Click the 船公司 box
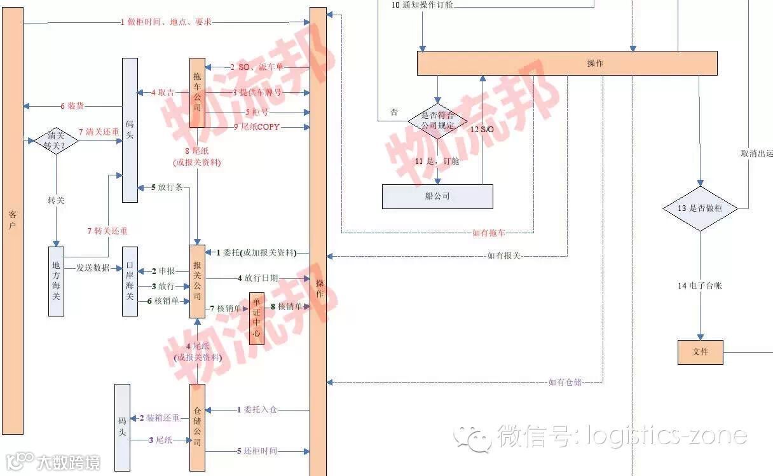(437, 196)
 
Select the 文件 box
(700, 351)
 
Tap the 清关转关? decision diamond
(56, 140)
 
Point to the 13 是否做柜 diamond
(700, 208)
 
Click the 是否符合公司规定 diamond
(437, 121)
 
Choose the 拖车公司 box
(197, 93)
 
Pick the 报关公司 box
(197, 282)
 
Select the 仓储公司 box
(197, 426)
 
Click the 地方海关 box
(57, 282)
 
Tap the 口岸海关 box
(130, 282)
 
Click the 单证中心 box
(256, 318)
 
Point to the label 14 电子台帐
(699, 286)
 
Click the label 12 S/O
(482, 129)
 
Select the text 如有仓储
(565, 382)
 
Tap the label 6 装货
(72, 105)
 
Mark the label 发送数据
(93, 268)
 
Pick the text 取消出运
(756, 154)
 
